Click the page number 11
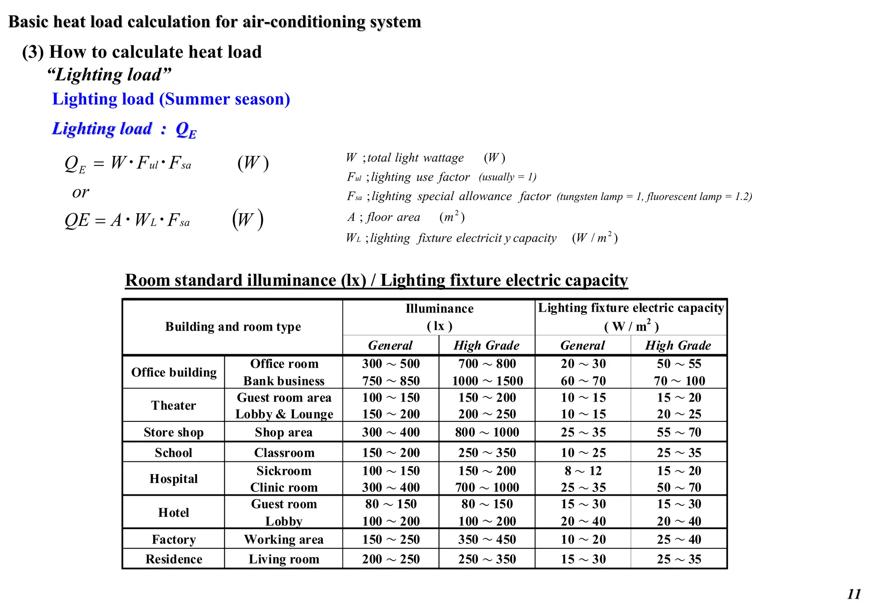click(x=854, y=594)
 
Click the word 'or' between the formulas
click(x=81, y=193)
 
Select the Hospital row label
click(x=174, y=479)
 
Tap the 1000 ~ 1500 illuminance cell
click(x=487, y=381)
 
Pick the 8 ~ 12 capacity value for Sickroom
click(x=583, y=471)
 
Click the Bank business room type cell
click(x=284, y=381)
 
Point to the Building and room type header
click(x=233, y=327)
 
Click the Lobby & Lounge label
click(x=284, y=414)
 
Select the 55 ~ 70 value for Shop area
click(x=679, y=432)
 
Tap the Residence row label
click(x=174, y=559)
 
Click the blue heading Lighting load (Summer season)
click(x=171, y=99)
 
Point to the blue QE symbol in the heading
click(x=186, y=129)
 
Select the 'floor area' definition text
click(x=393, y=217)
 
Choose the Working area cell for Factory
click(x=284, y=539)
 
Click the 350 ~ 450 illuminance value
click(x=487, y=539)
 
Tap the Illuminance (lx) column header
click(x=439, y=317)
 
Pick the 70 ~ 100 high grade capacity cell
click(x=679, y=381)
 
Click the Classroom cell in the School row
click(x=284, y=452)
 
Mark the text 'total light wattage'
click(x=415, y=158)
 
